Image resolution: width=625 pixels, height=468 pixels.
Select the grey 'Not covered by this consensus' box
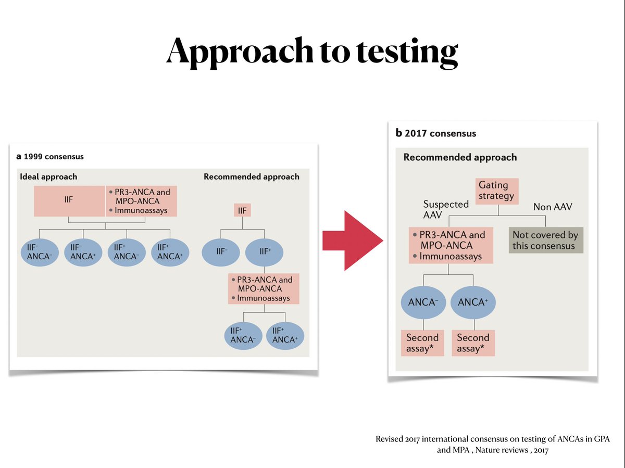(545, 240)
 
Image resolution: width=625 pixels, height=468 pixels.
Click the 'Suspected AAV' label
(446, 209)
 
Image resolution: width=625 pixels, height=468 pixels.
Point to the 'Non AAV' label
(553, 207)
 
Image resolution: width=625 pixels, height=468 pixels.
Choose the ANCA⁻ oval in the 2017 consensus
(422, 302)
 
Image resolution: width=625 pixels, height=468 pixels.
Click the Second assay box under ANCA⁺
(473, 343)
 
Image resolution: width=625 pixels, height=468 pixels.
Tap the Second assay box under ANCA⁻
(422, 343)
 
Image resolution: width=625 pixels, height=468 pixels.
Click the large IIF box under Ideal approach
(69, 201)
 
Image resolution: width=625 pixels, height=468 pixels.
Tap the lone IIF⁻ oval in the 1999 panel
(222, 252)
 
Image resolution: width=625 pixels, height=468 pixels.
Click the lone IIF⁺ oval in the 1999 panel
(265, 252)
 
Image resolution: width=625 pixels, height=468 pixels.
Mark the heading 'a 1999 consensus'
(50, 156)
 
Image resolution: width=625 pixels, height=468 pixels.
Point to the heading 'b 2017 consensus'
(436, 133)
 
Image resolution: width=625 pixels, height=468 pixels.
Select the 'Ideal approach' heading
(48, 176)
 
